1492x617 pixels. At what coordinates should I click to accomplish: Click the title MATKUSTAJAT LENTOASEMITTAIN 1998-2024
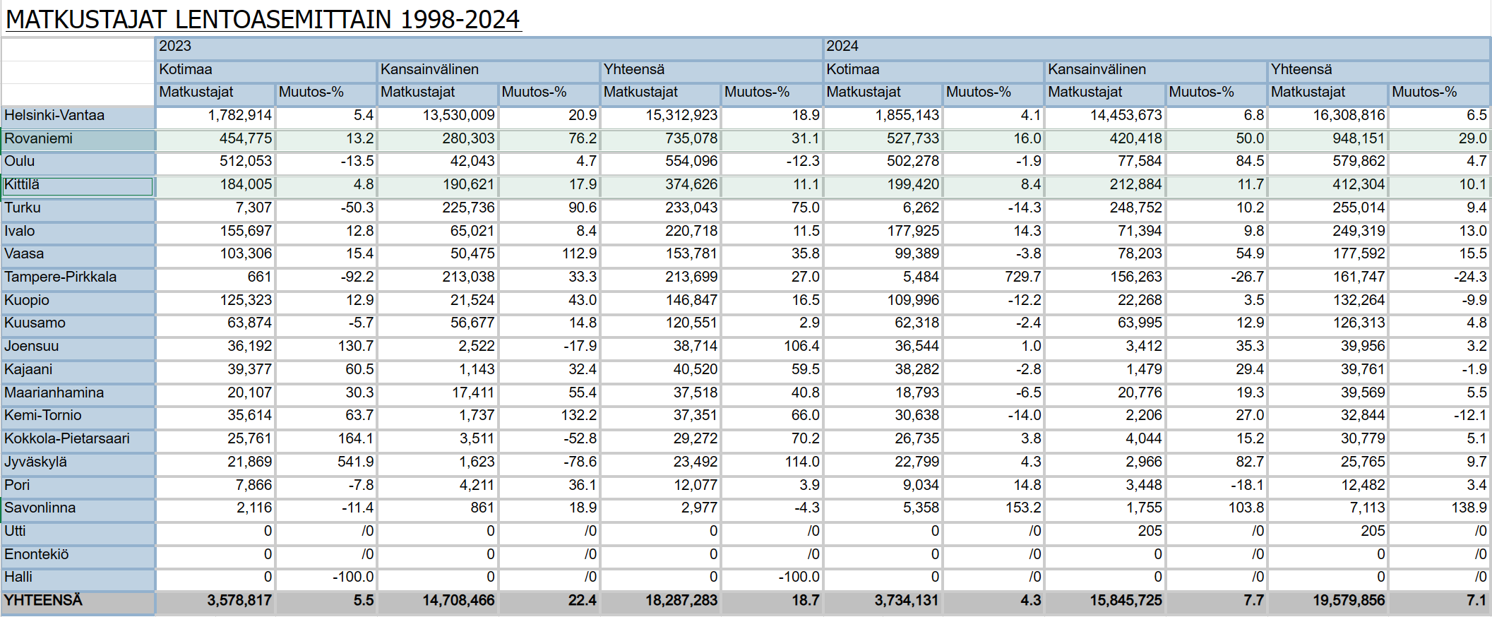point(263,19)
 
